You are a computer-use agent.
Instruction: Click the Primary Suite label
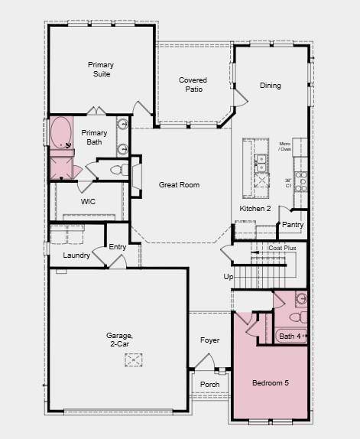pyautogui.click(x=100, y=70)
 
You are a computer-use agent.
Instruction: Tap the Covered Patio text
pyautogui.click(x=193, y=85)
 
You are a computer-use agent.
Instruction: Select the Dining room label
pyautogui.click(x=270, y=86)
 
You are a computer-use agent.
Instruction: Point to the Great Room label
pyautogui.click(x=179, y=185)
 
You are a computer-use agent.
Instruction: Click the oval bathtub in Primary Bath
pyautogui.click(x=60, y=132)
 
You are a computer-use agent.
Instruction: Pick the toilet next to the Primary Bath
pyautogui.click(x=117, y=170)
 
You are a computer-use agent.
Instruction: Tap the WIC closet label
pyautogui.click(x=88, y=202)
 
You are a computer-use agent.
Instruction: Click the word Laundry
pyautogui.click(x=76, y=255)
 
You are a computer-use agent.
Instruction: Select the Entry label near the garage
pyautogui.click(x=118, y=246)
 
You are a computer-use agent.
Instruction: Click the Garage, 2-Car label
pyautogui.click(x=119, y=340)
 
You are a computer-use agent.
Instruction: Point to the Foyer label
pyautogui.click(x=209, y=340)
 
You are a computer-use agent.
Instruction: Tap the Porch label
pyautogui.click(x=209, y=384)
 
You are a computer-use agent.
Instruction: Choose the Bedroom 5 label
pyautogui.click(x=271, y=382)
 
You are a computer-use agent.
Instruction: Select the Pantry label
pyautogui.click(x=293, y=225)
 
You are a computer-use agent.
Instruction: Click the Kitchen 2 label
pyautogui.click(x=255, y=208)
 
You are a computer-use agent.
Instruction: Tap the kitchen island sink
pyautogui.click(x=261, y=162)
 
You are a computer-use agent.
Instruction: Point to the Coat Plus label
pyautogui.click(x=282, y=248)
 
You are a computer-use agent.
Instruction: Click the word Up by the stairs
pyautogui.click(x=227, y=277)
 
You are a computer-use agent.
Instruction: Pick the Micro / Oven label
pyautogui.click(x=284, y=146)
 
